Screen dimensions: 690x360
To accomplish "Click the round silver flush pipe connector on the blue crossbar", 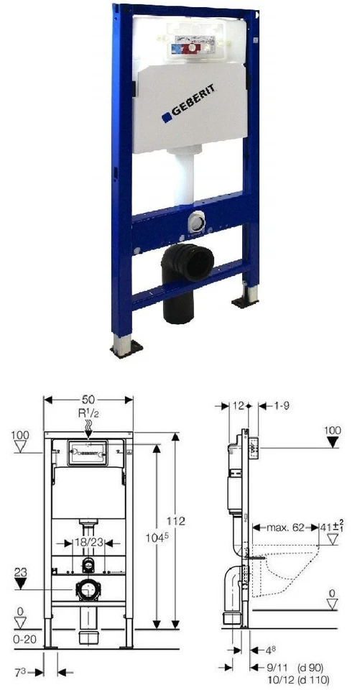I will (x=195, y=223).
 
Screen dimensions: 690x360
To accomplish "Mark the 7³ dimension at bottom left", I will (x=22, y=672).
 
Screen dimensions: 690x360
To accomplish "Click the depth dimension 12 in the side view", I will (x=240, y=406).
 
